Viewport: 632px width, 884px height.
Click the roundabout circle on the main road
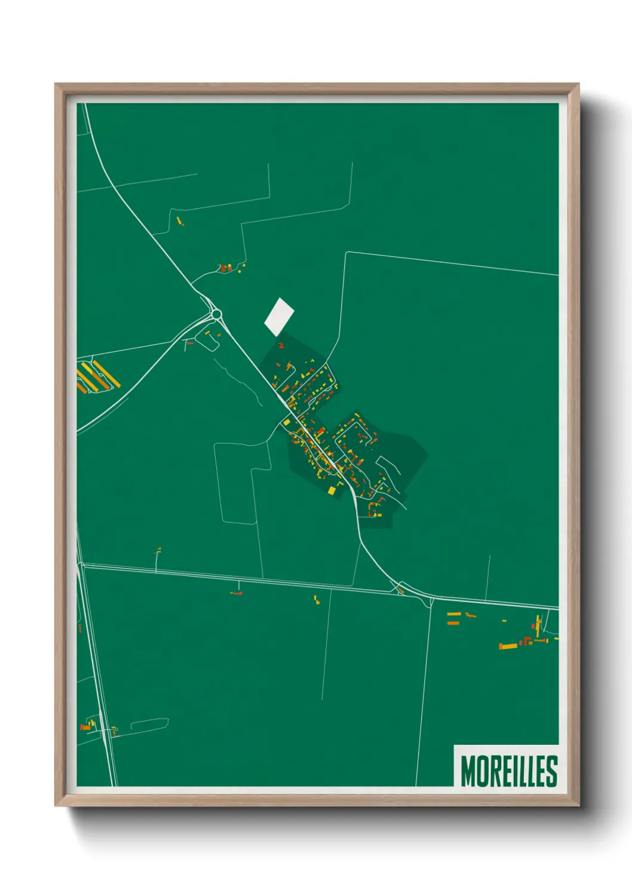pyautogui.click(x=216, y=314)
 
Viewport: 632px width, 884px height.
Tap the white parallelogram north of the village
pyautogui.click(x=279, y=317)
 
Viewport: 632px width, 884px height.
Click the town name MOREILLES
pyautogui.click(x=508, y=771)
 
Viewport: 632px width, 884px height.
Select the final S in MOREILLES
pyautogui.click(x=552, y=771)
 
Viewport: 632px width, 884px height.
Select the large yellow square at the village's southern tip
pyautogui.click(x=332, y=490)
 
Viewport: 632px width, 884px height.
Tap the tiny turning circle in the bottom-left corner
pyautogui.click(x=114, y=729)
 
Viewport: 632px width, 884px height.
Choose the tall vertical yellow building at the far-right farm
pyautogui.click(x=539, y=625)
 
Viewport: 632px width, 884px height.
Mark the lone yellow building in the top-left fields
pyautogui.click(x=179, y=221)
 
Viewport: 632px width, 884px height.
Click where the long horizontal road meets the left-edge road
pyautogui.click(x=82, y=566)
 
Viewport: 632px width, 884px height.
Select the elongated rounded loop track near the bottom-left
pyautogui.click(x=149, y=725)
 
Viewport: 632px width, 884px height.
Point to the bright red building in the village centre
pyautogui.click(x=320, y=431)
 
